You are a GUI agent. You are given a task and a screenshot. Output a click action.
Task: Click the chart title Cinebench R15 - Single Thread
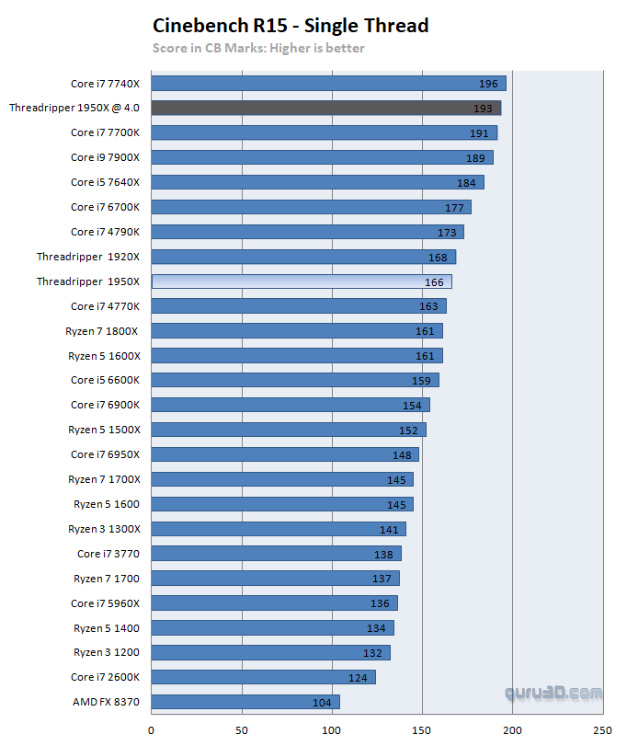290,25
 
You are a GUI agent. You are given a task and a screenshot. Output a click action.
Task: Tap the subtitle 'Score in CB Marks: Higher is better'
258,48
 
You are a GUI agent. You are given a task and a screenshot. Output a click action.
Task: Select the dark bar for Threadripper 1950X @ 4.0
325,108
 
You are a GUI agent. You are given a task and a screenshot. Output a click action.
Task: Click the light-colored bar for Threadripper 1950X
301,281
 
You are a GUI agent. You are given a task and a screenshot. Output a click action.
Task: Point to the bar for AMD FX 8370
245,702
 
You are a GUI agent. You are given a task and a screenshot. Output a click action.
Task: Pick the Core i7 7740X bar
328,84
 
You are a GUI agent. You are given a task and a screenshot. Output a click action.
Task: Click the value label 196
487,84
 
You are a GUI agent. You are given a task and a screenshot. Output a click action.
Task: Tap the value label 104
322,702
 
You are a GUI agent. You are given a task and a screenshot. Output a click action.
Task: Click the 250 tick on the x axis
602,731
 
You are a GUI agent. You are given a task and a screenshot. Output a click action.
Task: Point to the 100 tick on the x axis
332,731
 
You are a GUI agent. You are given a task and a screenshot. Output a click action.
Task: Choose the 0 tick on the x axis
151,731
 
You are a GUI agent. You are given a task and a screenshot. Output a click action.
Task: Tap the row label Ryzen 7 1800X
102,330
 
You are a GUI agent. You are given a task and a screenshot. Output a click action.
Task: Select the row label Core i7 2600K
105,677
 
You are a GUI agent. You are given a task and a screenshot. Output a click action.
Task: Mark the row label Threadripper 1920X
88,257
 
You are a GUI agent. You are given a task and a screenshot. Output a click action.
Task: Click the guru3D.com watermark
553,693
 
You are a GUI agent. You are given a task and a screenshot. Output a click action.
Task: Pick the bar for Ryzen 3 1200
270,652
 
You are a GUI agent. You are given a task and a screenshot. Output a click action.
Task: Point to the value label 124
358,678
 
